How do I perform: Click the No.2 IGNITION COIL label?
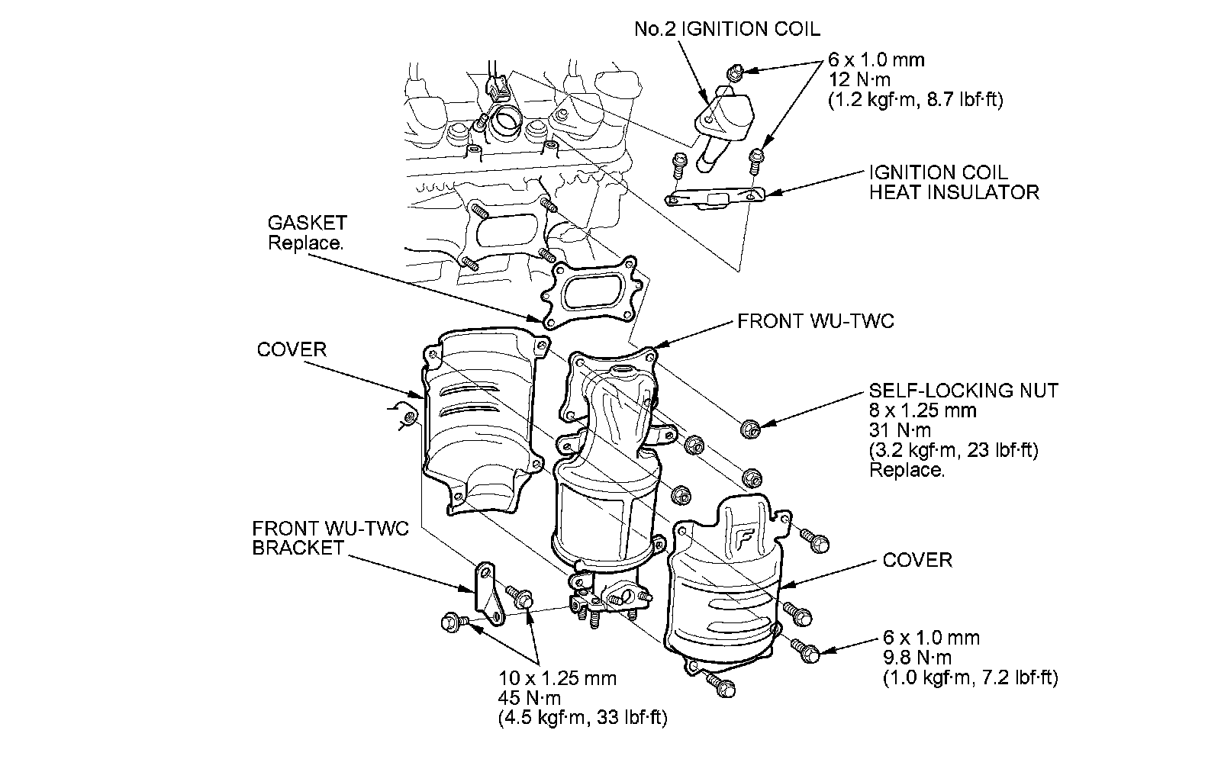coord(727,30)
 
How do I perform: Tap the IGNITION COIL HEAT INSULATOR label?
coord(953,182)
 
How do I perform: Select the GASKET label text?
coord(307,224)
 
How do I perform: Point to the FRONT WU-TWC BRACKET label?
coord(330,538)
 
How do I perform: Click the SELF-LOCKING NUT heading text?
coord(964,391)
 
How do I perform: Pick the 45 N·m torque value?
coord(530,698)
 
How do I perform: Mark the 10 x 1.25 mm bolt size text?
coord(558,678)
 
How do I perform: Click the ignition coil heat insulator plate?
coord(716,198)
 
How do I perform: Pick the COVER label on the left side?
coord(292,350)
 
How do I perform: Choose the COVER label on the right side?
coord(917,560)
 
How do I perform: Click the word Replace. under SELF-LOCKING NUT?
coord(907,470)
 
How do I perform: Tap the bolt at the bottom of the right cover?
coord(721,684)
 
